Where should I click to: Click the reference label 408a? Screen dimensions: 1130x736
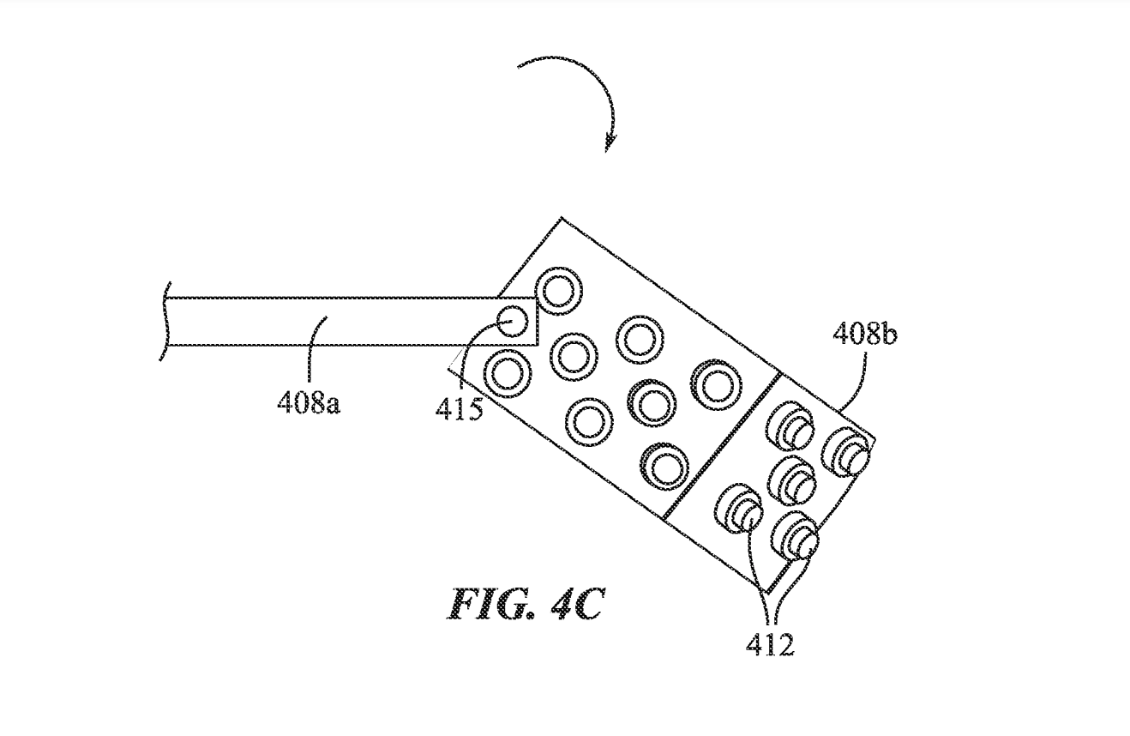pos(309,404)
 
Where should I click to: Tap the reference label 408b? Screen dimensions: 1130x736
pos(865,335)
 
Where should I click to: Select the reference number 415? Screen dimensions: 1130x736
pos(459,409)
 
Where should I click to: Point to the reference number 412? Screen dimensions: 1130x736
pos(770,644)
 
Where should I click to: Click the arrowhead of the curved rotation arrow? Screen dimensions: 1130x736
pos(610,143)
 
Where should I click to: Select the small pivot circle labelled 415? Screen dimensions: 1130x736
pos(513,322)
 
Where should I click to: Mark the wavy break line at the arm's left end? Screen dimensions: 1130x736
pos(165,321)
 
